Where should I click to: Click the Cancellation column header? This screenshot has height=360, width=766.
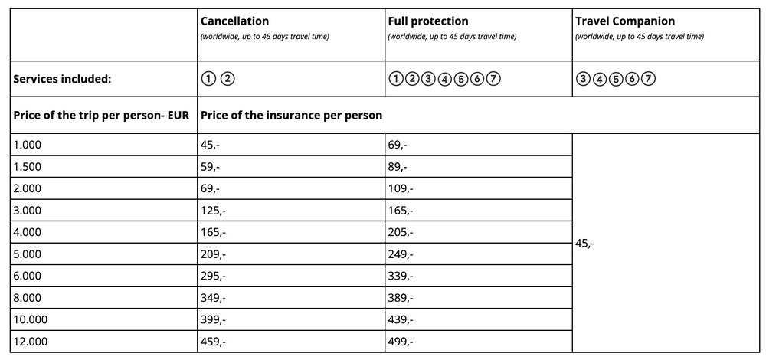pyautogui.click(x=234, y=21)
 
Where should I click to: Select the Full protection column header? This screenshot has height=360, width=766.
pyautogui.click(x=428, y=21)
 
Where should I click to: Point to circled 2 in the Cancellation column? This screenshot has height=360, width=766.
pyautogui.click(x=228, y=79)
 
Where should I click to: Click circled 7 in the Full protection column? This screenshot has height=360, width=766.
pyautogui.click(x=494, y=79)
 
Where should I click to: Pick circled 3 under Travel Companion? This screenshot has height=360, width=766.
pyautogui.click(x=582, y=79)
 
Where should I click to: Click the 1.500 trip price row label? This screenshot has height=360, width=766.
pyautogui.click(x=28, y=166)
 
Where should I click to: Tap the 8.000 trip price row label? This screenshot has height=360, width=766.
pyautogui.click(x=28, y=298)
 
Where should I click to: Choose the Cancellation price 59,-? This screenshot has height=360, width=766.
pyautogui.click(x=211, y=166)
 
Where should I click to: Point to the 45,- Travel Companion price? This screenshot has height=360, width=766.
pyautogui.click(x=585, y=243)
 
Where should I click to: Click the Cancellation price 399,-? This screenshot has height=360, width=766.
pyautogui.click(x=213, y=319)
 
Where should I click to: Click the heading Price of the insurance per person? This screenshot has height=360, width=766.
pyautogui.click(x=291, y=116)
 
